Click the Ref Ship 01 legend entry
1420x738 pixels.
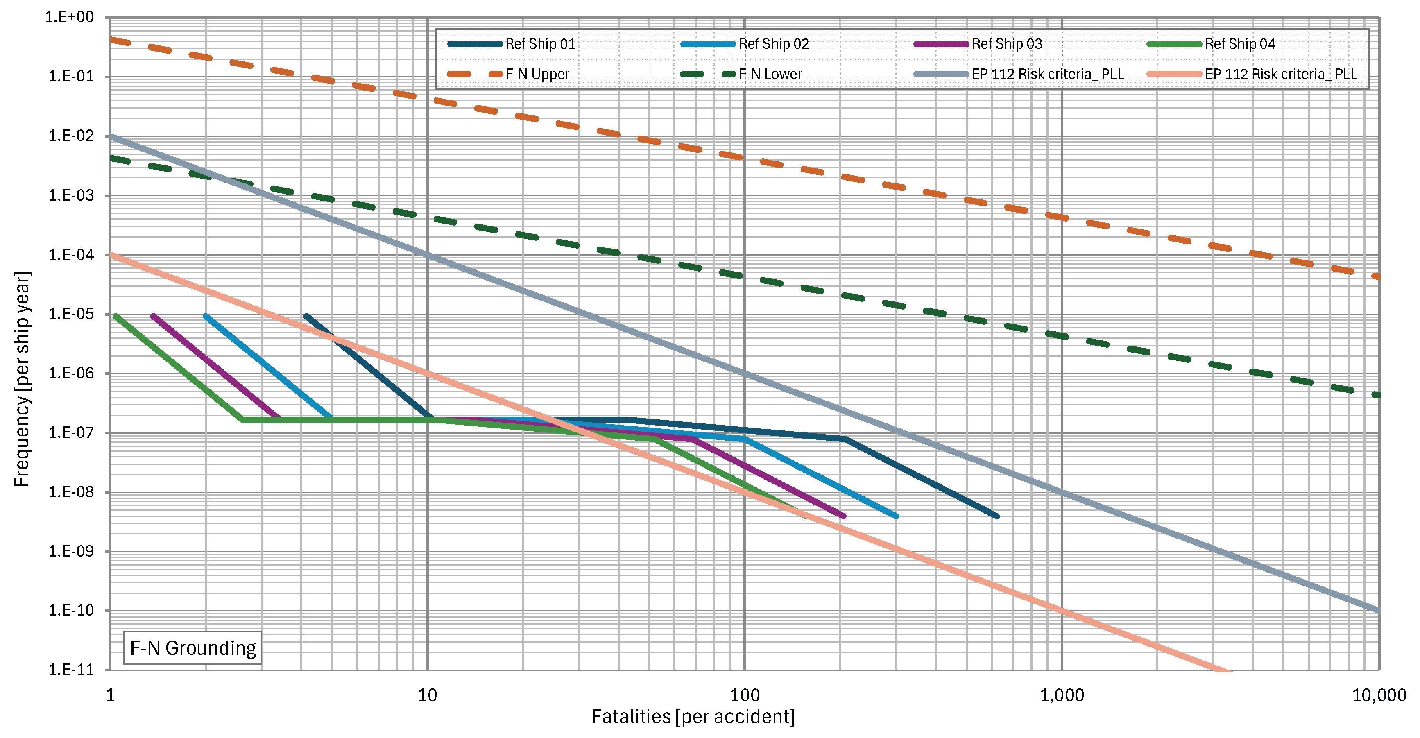coord(540,44)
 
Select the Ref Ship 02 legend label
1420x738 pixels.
coord(773,44)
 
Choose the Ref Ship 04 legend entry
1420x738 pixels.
coord(1239,44)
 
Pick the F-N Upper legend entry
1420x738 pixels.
coord(537,75)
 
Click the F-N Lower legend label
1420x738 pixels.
coord(770,75)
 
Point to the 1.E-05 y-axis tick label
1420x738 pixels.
coord(71,314)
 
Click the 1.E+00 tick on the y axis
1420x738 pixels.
coord(70,17)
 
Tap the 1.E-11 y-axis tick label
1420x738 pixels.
coord(71,670)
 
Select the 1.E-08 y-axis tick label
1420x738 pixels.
coord(71,491)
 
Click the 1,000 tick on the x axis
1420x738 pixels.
coord(1062,695)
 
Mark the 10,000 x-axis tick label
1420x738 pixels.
coord(1379,695)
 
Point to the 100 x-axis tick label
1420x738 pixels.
coord(745,695)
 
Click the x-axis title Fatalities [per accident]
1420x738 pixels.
coord(693,717)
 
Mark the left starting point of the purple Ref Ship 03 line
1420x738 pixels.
coord(153,316)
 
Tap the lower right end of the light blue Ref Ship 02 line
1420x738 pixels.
coord(896,516)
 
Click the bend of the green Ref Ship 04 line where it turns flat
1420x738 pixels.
coord(242,420)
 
